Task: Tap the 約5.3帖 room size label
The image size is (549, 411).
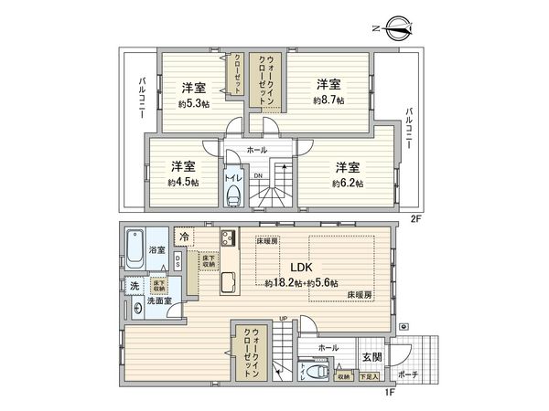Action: click(x=192, y=103)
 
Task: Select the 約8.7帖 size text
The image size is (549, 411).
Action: click(x=330, y=99)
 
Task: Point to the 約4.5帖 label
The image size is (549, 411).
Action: click(x=182, y=182)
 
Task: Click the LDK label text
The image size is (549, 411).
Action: click(x=302, y=268)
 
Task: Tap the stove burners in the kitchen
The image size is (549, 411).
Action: click(x=228, y=240)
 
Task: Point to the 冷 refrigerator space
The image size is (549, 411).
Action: click(x=185, y=237)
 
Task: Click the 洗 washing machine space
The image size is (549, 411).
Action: click(x=134, y=286)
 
